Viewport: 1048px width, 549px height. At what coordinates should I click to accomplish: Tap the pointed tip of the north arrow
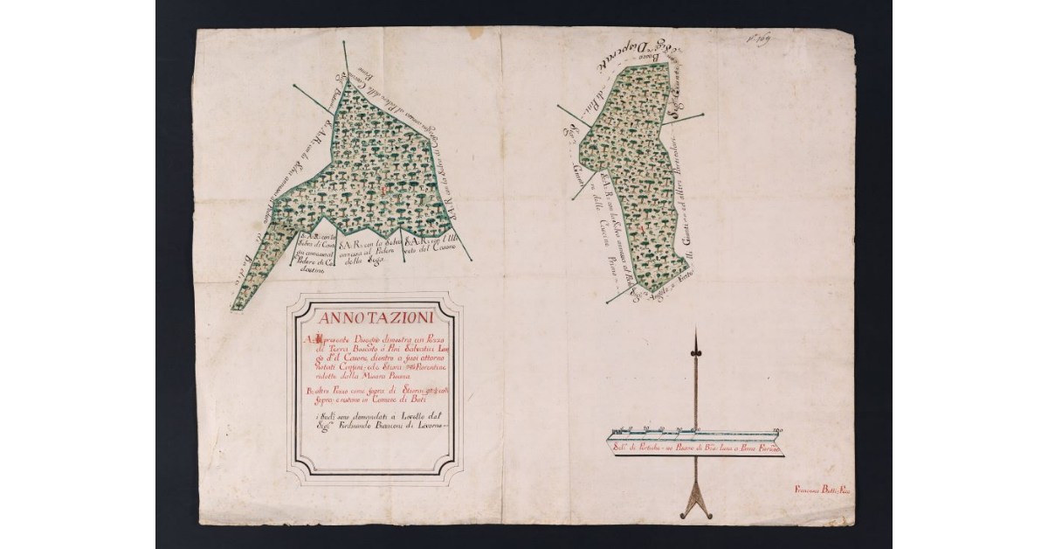696,331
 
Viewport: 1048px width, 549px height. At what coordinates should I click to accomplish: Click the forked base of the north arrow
696,510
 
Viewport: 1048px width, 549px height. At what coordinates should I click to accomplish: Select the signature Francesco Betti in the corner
823,490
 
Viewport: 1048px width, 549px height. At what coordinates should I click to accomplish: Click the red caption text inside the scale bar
695,448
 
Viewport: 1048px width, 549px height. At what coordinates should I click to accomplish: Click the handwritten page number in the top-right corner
756,40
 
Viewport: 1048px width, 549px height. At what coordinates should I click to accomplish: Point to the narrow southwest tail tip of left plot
234,309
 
